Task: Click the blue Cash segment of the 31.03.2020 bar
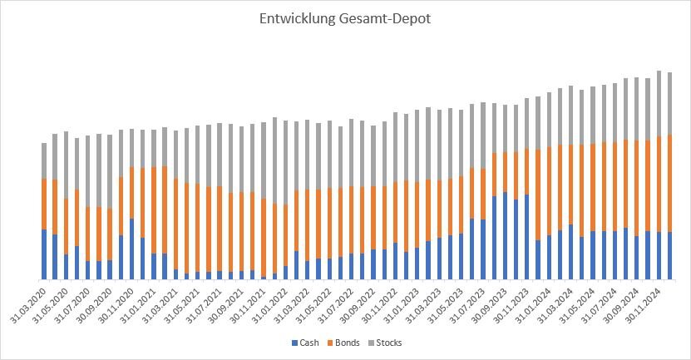[44, 254]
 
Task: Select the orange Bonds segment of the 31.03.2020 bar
[44, 204]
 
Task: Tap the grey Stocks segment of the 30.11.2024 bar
[659, 104]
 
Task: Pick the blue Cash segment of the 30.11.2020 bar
[131, 249]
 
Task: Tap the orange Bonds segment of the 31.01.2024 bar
[549, 192]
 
